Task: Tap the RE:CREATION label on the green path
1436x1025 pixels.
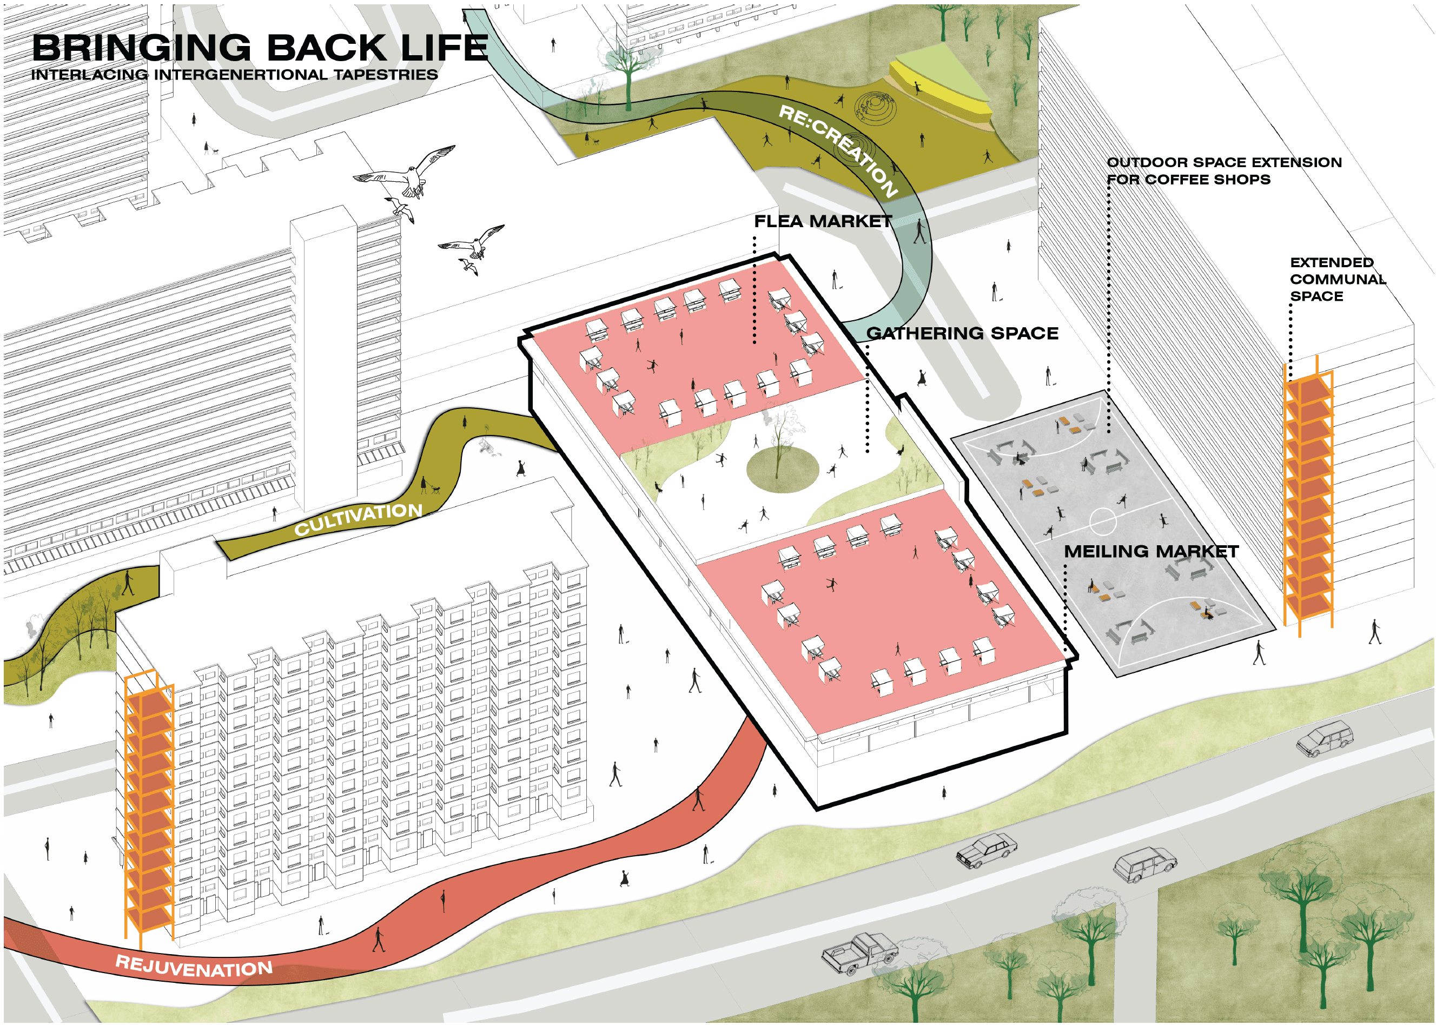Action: point(838,151)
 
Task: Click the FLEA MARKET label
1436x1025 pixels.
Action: point(823,222)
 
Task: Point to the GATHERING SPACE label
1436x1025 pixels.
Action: point(962,333)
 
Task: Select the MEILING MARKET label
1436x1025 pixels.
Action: point(1151,552)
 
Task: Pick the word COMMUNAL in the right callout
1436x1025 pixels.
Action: point(1338,280)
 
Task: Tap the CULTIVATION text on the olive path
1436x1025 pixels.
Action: point(359,519)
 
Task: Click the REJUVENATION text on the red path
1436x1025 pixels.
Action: point(194,966)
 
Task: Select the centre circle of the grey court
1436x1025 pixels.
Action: point(1102,521)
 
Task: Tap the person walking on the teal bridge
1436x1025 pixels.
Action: point(920,231)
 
